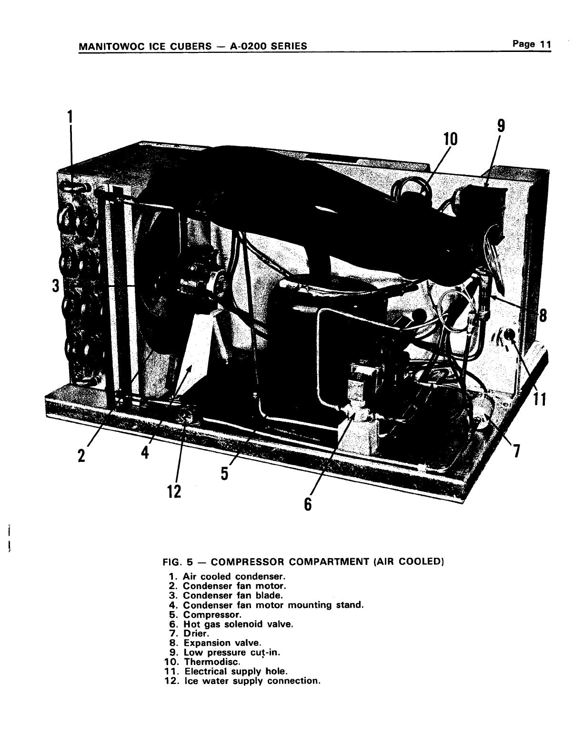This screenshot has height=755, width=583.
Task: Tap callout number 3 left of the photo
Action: pos(56,286)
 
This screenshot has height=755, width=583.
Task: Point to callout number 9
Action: pos(501,126)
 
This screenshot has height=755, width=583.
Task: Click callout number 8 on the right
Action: pos(543,316)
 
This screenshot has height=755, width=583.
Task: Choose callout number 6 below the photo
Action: pos(308,503)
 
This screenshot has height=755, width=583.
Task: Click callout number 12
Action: pos(174,490)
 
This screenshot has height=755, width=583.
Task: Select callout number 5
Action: pos(224,473)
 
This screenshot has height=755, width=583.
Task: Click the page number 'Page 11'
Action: pos(532,44)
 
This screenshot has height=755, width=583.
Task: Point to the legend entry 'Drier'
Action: pos(196,633)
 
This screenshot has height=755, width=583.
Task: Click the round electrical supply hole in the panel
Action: pos(509,335)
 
